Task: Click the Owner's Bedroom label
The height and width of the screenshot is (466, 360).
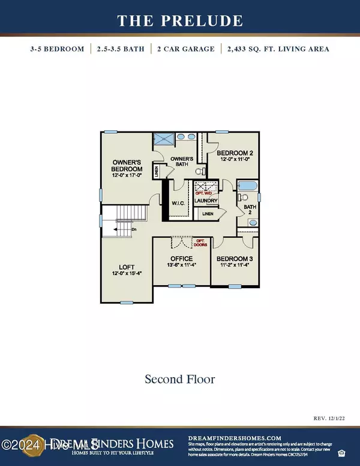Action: click(128, 169)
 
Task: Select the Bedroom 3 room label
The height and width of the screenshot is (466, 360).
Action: click(231, 261)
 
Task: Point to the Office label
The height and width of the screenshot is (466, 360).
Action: click(179, 261)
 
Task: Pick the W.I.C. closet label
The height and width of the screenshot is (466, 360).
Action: click(178, 203)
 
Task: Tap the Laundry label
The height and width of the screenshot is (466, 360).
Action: click(205, 201)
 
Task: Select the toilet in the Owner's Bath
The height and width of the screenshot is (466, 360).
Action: click(200, 172)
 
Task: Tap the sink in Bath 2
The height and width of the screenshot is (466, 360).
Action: click(253, 223)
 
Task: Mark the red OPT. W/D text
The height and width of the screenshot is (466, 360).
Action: click(204, 193)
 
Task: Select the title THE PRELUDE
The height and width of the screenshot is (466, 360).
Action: click(180, 21)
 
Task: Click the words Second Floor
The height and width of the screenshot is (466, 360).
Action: click(180, 380)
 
